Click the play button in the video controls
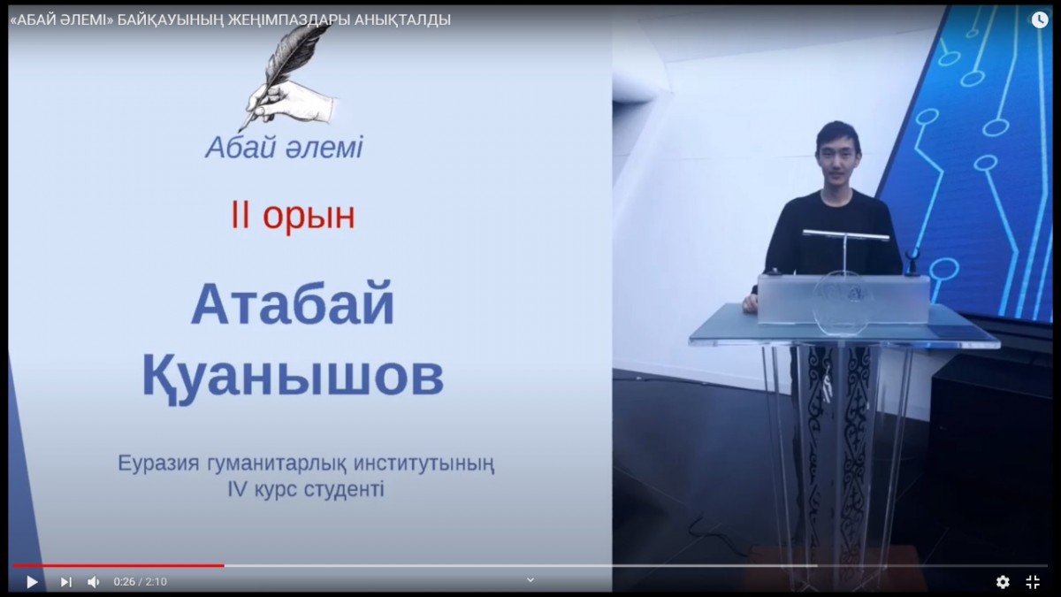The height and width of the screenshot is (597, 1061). point(32,581)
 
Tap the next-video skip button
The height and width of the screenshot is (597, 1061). point(66,582)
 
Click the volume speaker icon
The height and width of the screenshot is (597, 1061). point(94,582)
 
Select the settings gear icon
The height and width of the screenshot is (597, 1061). point(1003,581)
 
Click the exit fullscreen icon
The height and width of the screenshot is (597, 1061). point(1033,581)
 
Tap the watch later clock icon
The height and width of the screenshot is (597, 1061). point(1040,19)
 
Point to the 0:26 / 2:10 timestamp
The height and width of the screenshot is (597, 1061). point(141,581)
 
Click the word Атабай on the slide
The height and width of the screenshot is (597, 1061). point(293,304)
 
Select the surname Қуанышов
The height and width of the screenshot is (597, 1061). point(294,378)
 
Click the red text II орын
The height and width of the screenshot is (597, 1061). point(293,216)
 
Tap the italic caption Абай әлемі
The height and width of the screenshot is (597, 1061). point(284,148)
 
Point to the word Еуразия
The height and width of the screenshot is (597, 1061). point(158,463)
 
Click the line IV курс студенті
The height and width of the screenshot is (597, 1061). point(306,489)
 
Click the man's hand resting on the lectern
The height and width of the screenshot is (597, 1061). point(752,302)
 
